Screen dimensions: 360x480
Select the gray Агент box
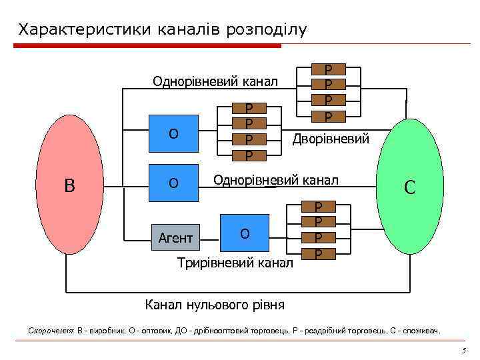point(175,238)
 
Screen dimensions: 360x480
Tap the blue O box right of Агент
point(245,233)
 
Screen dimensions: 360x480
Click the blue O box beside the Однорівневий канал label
point(173,182)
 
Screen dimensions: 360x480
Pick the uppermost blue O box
point(173,133)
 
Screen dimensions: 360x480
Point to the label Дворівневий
point(329,137)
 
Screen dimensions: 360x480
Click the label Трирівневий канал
point(235,263)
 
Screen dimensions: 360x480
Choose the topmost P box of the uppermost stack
point(327,69)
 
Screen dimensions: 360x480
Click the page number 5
point(462,351)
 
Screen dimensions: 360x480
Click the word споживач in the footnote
point(420,331)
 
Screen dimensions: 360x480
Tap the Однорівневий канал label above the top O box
point(215,82)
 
